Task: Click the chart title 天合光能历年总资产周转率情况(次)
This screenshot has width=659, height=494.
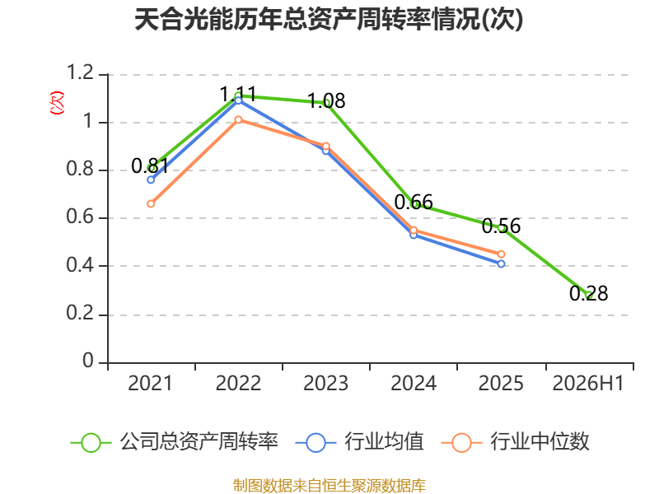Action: click(329, 20)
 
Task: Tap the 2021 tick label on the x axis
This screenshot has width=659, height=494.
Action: click(150, 383)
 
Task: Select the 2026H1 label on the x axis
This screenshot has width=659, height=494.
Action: click(588, 383)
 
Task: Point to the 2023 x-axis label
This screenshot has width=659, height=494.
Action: click(325, 383)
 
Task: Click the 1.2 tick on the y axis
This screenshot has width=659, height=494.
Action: click(80, 72)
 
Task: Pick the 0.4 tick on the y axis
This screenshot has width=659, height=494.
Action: click(80, 265)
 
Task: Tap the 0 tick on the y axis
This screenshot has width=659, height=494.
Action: click(88, 361)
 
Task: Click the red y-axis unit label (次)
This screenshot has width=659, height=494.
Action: click(57, 103)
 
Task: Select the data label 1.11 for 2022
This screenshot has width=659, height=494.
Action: click(238, 94)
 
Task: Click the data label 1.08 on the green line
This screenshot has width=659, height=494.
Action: click(326, 100)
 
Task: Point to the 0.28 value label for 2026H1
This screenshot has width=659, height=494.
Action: click(589, 293)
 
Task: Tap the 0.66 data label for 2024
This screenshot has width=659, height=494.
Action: click(414, 202)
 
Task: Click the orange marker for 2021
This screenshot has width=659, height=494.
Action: click(151, 203)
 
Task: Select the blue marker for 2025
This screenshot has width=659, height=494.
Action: click(501, 263)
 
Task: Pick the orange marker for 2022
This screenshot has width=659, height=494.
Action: click(238, 119)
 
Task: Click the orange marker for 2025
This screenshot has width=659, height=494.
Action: click(501, 254)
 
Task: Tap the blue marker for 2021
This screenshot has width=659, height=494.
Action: click(151, 179)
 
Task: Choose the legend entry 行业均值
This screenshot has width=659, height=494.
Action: click(360, 442)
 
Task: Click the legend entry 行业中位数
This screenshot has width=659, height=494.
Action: click(516, 442)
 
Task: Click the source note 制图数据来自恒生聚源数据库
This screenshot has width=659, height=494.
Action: click(329, 486)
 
